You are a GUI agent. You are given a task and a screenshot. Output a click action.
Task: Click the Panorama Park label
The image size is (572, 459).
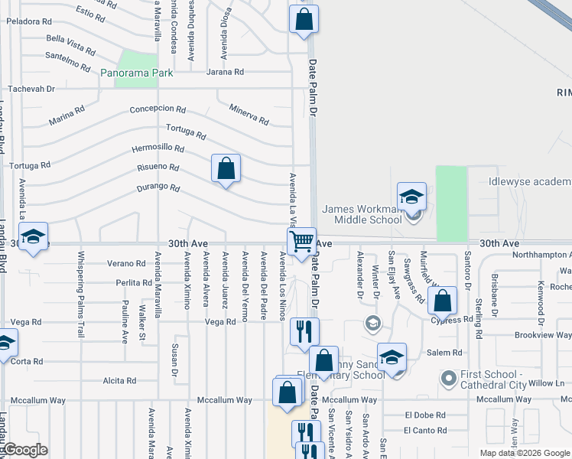[x=138, y=73]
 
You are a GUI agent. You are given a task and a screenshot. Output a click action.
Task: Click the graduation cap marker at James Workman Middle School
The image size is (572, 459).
[x=411, y=197]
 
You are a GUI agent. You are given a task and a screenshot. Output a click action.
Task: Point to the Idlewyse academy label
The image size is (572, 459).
[x=529, y=181]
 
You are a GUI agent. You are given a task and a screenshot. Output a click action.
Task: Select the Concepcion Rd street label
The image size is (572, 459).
[x=158, y=109]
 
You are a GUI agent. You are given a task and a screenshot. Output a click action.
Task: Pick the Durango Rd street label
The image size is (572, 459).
[x=159, y=187]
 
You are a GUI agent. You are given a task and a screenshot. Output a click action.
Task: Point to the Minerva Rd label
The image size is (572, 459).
[x=249, y=116]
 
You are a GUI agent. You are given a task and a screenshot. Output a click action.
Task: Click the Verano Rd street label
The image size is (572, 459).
[x=126, y=263]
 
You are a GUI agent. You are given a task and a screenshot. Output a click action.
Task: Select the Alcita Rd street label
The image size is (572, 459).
[x=119, y=380]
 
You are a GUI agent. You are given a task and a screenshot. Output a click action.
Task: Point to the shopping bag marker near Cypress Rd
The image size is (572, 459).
[x=443, y=301]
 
